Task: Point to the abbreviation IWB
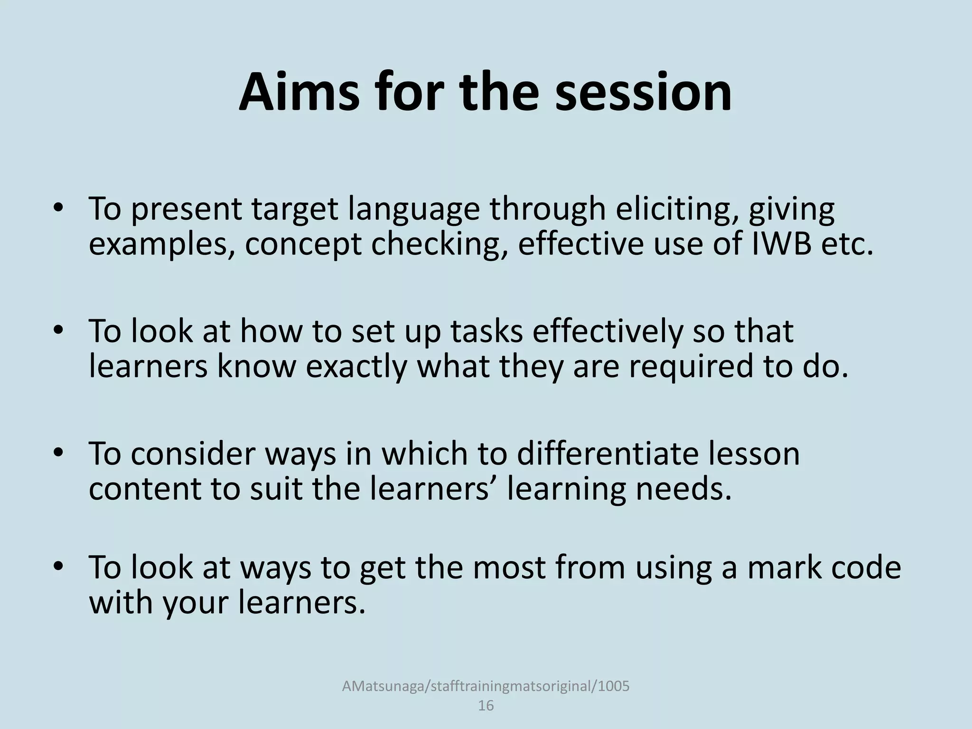[780, 244]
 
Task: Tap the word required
[691, 367]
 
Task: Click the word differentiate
[607, 454]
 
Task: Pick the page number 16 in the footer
[486, 706]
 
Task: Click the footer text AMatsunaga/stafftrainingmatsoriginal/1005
[486, 686]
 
